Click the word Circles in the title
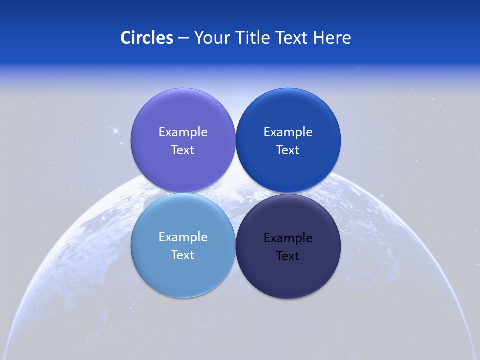coord(147,38)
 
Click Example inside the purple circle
coord(183,132)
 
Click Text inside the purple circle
coord(183,150)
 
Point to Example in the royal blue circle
coord(288,132)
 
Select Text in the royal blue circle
coord(288,150)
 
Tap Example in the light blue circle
coord(183,237)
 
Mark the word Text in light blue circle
coord(183,255)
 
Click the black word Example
coord(288,238)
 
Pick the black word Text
coord(288,256)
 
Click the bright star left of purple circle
coord(115,131)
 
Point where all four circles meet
coord(235,193)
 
